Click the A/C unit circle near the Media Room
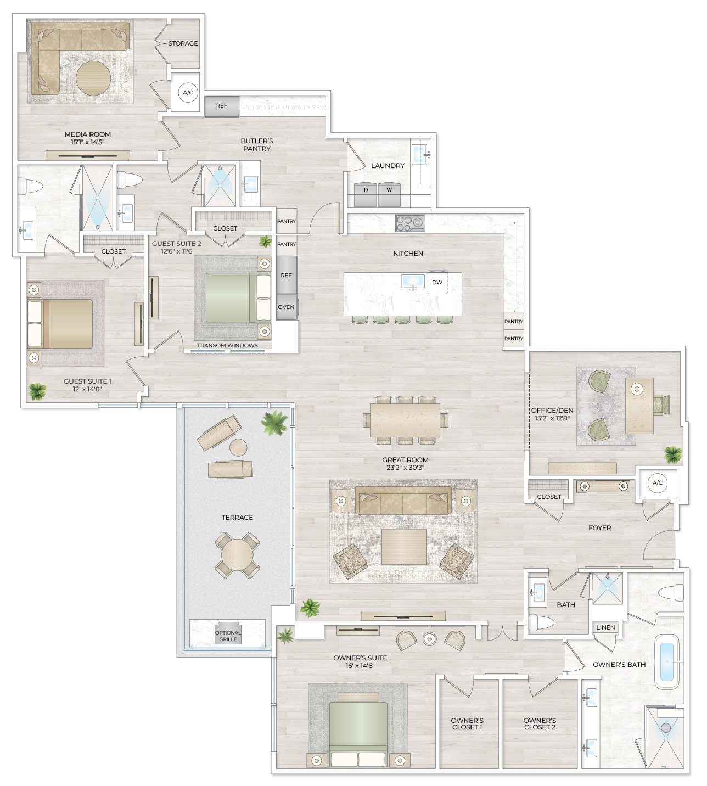[x=188, y=93]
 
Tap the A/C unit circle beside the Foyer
[x=657, y=483]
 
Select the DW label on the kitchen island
[x=437, y=283]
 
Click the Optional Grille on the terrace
[x=228, y=636]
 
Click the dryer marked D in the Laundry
[x=366, y=190]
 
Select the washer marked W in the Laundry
[x=389, y=190]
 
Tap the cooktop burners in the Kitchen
[x=410, y=222]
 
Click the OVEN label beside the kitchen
[x=286, y=307]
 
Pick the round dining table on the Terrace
[x=237, y=555]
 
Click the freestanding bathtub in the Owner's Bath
[x=667, y=661]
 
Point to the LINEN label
[x=605, y=627]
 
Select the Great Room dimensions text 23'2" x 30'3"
[x=405, y=468]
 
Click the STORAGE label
[x=183, y=43]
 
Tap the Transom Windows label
[x=227, y=346]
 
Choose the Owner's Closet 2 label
[x=540, y=724]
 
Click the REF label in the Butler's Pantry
[x=221, y=106]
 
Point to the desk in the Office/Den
[x=639, y=405]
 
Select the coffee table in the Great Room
[x=403, y=547]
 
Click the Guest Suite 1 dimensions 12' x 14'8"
[x=87, y=389]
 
